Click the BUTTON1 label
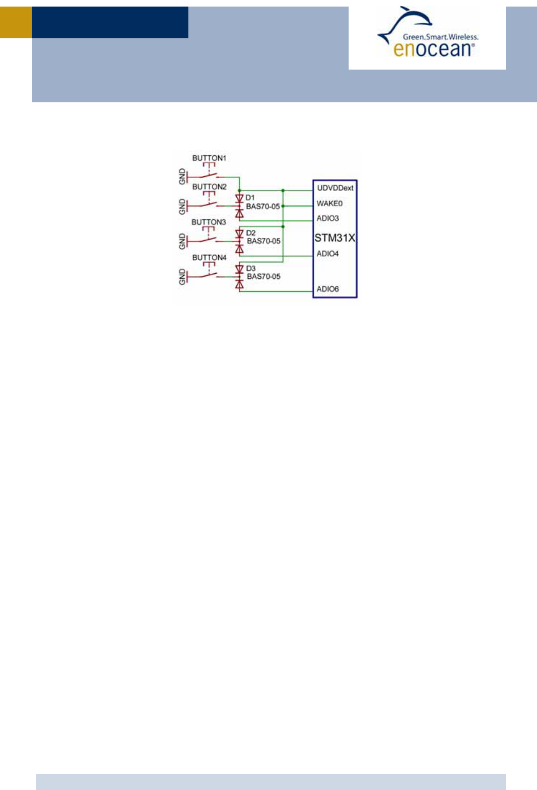coord(209,158)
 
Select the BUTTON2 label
coord(209,187)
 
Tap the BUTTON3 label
coord(209,222)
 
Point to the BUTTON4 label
coord(209,258)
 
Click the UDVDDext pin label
coord(335,188)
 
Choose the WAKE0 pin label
coord(329,204)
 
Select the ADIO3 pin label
coord(327,218)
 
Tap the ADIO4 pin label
coord(327,254)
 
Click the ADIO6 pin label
coord(327,289)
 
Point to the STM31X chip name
coord(334,237)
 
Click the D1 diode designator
coord(250,198)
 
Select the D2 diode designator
coord(250,233)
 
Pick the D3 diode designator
coord(250,268)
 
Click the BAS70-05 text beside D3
coord(263,276)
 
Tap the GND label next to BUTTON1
coord(182,176)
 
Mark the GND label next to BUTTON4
coord(182,277)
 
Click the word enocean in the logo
coord(432,49)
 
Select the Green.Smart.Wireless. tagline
coord(440,37)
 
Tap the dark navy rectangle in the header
coord(110,22)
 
